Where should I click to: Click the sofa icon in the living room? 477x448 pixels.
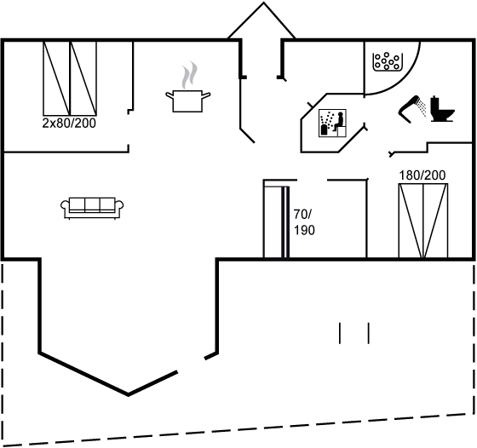[92, 208]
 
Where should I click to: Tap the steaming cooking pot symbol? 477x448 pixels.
[187, 101]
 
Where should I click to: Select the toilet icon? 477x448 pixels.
[442, 109]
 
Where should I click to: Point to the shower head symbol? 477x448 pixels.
[412, 109]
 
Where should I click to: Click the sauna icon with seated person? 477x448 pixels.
[332, 123]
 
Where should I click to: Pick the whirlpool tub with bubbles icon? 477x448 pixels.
[388, 62]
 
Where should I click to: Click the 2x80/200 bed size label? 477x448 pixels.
[69, 123]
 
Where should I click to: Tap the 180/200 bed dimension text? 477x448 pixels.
[422, 175]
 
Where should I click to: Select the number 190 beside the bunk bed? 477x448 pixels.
[304, 231]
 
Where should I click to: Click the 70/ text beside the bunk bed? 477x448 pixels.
[302, 215]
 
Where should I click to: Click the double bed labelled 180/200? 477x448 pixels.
[423, 221]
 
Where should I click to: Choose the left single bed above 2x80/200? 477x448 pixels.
[56, 78]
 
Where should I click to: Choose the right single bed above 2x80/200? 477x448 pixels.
[83, 78]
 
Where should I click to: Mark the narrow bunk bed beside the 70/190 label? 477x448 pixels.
[276, 222]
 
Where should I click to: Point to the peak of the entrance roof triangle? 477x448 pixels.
[264, 3]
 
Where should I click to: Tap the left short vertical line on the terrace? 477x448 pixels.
[340, 333]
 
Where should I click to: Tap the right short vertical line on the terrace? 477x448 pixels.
[368, 333]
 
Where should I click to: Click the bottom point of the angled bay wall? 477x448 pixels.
[128, 395]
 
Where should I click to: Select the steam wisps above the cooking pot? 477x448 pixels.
[189, 75]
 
